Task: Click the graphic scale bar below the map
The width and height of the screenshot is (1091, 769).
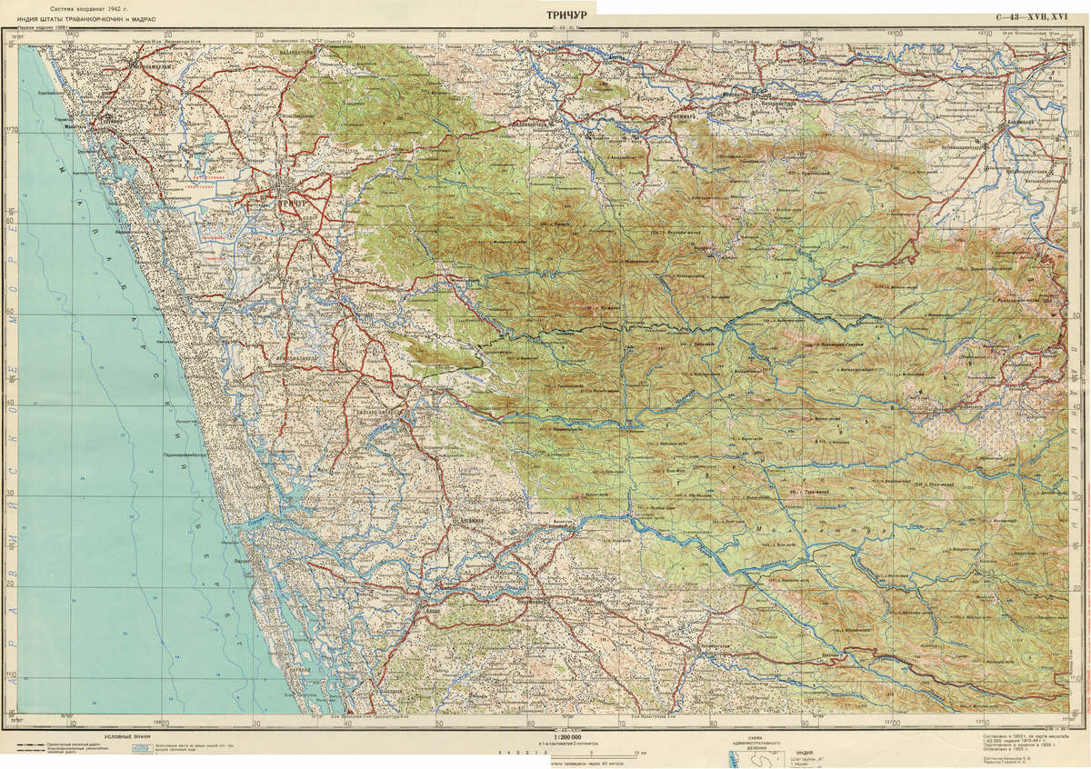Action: click(582, 753)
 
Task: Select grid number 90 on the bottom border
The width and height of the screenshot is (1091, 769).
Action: click(806, 724)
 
